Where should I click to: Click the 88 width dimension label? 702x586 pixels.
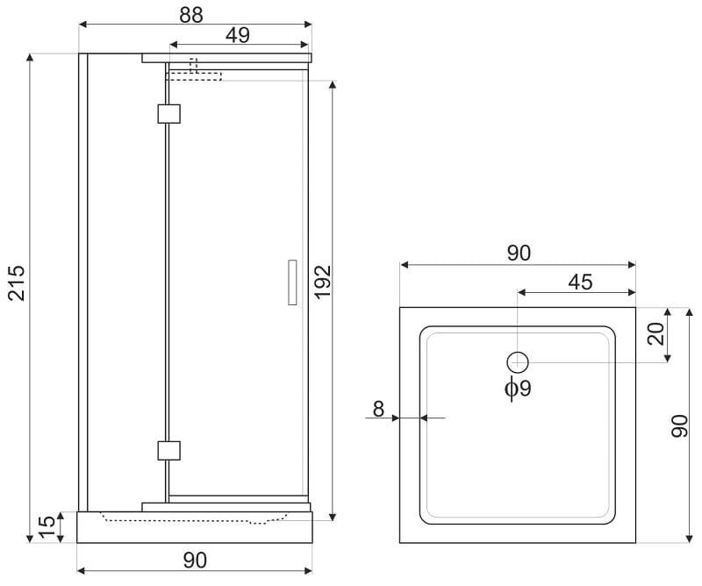pyautogui.click(x=191, y=15)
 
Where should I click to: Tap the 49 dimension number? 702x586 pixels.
pyautogui.click(x=237, y=35)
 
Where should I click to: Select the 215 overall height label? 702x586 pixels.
pyautogui.click(x=17, y=283)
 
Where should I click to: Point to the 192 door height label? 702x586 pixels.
pyautogui.click(x=322, y=282)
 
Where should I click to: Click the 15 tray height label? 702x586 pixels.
pyautogui.click(x=47, y=526)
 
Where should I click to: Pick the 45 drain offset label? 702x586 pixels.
pyautogui.click(x=580, y=282)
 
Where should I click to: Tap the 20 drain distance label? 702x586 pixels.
pyautogui.click(x=655, y=334)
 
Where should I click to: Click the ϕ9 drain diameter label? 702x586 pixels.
pyautogui.click(x=518, y=388)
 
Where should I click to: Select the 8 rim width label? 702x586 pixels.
pyautogui.click(x=378, y=409)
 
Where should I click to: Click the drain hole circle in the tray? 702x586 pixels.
pyautogui.click(x=518, y=362)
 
